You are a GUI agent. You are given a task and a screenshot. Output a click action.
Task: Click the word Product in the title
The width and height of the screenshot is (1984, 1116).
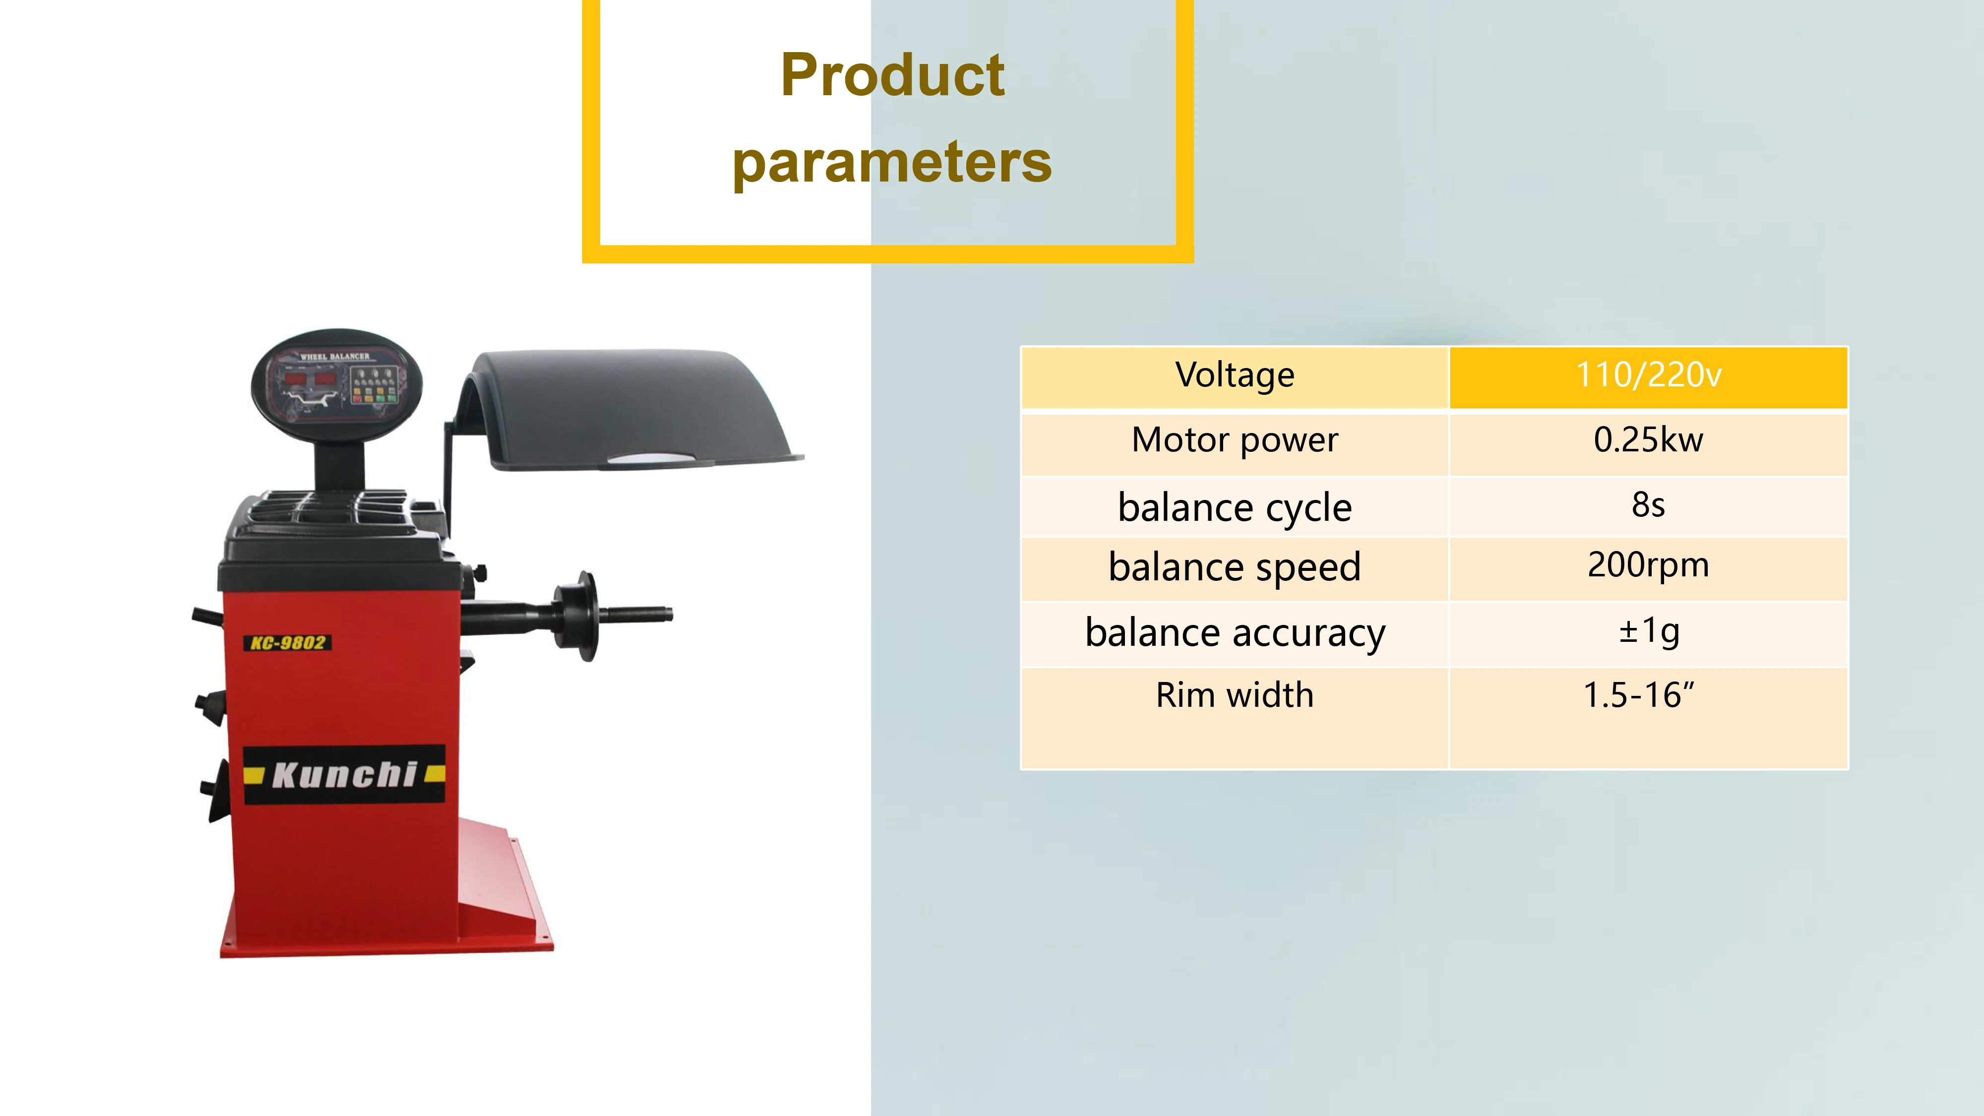click(892, 75)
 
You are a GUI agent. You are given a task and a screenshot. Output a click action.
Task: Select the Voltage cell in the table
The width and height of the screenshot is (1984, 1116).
click(1234, 376)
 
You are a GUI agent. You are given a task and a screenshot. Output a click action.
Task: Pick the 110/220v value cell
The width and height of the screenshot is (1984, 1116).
click(1648, 376)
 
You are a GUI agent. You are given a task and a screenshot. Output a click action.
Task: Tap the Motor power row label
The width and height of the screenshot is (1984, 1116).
click(1234, 440)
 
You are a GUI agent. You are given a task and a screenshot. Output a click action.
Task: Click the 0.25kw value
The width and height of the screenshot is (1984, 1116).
click(1648, 440)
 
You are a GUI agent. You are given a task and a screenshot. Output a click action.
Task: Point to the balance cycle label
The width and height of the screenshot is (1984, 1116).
click(1234, 507)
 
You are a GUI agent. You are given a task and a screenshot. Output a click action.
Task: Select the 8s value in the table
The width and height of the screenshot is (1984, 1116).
click(1648, 505)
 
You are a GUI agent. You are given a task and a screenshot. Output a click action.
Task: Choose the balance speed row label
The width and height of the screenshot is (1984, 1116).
click(1234, 567)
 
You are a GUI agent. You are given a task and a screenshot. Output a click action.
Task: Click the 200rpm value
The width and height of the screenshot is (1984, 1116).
click(1648, 565)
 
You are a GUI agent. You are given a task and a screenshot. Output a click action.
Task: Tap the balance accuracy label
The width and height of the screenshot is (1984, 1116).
click(1234, 633)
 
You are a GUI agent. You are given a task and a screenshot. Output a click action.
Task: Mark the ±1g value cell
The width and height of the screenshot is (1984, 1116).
click(1648, 631)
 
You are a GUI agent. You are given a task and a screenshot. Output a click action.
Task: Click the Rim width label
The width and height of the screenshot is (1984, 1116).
click(1234, 695)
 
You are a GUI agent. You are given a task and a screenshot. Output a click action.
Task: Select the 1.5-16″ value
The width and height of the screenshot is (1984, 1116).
click(1639, 695)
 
